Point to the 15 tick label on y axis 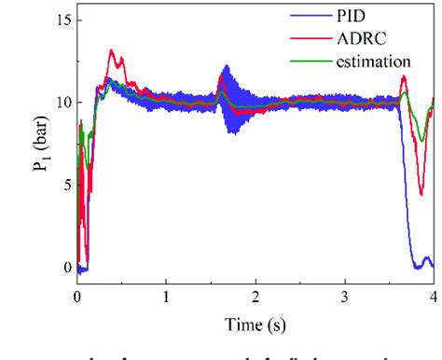click(60, 19)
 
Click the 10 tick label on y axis click(60, 102)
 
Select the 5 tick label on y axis click(63, 185)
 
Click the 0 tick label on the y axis click(63, 268)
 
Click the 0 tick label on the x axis click(77, 294)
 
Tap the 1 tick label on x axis click(166, 294)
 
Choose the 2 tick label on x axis click(256, 294)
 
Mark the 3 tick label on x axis click(344, 294)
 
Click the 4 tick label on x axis click(433, 294)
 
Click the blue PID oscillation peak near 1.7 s click(226, 67)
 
